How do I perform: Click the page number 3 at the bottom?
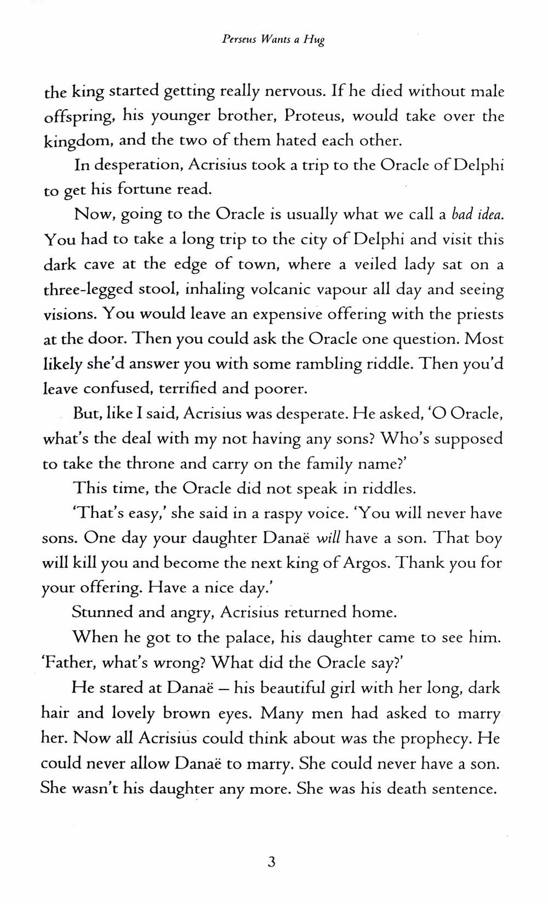[x=271, y=862]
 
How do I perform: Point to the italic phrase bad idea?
[x=477, y=214]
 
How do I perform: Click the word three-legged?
[x=87, y=290]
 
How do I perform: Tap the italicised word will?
[x=329, y=538]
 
